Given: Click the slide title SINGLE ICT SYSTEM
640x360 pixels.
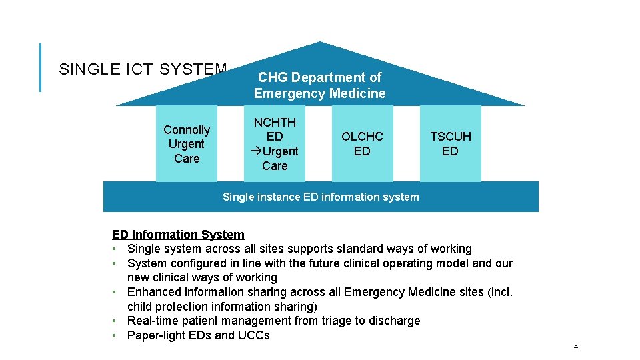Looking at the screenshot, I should coord(143,69).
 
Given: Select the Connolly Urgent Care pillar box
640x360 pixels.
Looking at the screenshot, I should coord(187,144).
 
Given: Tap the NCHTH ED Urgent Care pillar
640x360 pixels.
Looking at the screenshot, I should coord(275,144).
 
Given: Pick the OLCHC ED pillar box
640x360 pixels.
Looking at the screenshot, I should coord(362,144).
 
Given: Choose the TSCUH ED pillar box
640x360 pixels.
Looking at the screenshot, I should coord(450,144).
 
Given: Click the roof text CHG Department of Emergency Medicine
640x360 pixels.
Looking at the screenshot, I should coord(319,85).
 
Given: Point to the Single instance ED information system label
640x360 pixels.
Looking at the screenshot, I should coord(321,197).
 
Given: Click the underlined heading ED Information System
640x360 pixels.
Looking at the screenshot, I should coord(178,235).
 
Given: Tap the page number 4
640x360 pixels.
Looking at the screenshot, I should coord(576,347).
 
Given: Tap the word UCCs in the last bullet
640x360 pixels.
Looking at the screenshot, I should coord(253,335).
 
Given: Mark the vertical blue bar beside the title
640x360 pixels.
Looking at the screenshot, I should coord(40,67).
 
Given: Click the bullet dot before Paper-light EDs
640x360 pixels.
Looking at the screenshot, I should coord(115,335).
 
